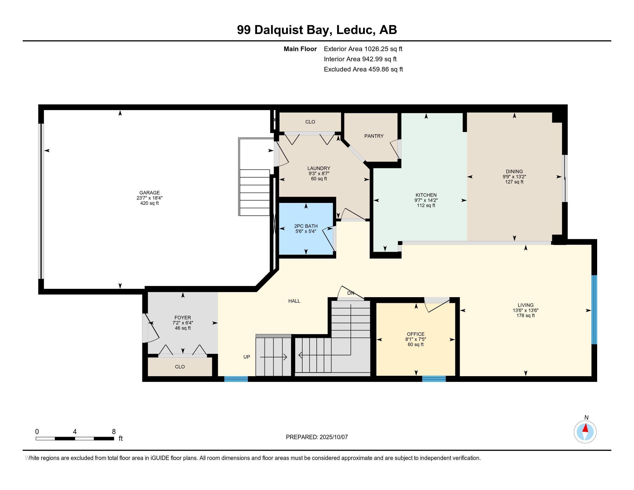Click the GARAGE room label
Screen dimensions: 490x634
[150, 193]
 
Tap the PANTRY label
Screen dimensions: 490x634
[374, 136]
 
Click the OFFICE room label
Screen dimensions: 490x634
[415, 334]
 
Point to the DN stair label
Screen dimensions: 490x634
[350, 293]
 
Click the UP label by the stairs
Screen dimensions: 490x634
[246, 357]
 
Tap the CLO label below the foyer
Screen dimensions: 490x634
[180, 367]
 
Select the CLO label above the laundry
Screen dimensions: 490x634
[310, 122]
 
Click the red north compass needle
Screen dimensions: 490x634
[586, 428]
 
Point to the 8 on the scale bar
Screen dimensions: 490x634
[114, 432]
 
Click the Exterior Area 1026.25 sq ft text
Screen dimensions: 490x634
[363, 49]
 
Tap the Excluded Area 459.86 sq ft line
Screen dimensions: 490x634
[363, 69]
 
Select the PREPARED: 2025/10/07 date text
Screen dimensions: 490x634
[317, 437]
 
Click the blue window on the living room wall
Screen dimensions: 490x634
[594, 310]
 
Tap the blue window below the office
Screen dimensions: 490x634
[434, 378]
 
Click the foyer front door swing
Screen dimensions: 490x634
[152, 328]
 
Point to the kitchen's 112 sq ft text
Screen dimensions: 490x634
[426, 205]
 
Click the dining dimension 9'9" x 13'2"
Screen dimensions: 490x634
[514, 176]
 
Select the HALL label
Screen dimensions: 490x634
[294, 301]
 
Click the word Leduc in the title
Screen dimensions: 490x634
[354, 30]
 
